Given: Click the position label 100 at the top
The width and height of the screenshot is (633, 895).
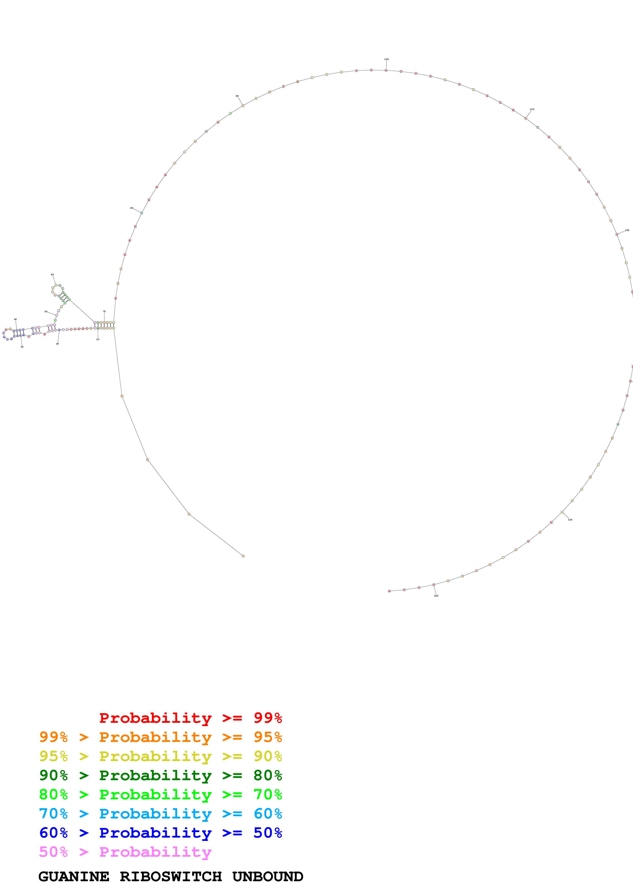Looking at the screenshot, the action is (x=386, y=59).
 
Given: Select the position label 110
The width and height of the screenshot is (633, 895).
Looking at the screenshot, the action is (x=532, y=109).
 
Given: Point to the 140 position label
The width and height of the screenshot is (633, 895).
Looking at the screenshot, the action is (x=570, y=520).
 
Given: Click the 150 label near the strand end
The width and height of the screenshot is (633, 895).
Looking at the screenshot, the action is (x=436, y=596).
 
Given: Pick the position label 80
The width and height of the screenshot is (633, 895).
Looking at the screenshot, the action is (x=132, y=208).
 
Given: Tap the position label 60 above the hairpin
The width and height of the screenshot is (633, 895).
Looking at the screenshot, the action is (x=52, y=275).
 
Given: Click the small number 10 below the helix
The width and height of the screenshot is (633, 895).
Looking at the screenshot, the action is (x=98, y=339).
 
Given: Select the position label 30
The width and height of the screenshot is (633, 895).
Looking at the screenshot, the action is (x=22, y=346).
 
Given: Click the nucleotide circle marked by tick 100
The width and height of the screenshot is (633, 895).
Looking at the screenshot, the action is (x=386, y=70).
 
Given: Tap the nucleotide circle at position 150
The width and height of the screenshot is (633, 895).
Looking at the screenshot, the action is (x=434, y=585).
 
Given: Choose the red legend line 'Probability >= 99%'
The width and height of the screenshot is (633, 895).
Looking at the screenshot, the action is (x=190, y=718).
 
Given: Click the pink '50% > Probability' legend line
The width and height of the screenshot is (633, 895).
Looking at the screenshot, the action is (x=125, y=852).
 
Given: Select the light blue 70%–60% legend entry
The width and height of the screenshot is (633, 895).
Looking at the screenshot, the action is (x=160, y=814).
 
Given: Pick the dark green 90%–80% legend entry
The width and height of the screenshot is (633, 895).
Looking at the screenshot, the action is (x=160, y=776).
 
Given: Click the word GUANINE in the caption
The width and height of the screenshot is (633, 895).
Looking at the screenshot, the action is (x=74, y=877).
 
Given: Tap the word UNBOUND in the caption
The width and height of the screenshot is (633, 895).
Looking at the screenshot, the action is (x=268, y=877).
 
